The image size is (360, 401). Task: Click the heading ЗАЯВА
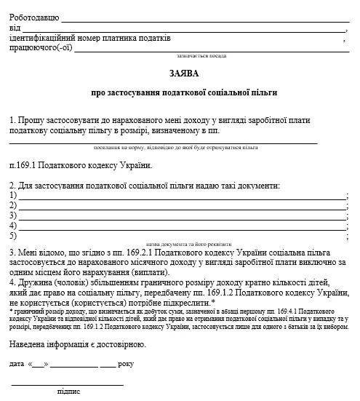pos(180,74)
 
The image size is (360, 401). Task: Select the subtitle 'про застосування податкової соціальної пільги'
pos(184,93)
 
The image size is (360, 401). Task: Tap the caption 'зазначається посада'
pos(201,55)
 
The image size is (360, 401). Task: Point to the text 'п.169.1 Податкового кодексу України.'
pos(80,166)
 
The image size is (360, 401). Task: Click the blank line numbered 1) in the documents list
pos(182,196)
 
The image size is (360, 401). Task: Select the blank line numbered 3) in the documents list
pos(182,217)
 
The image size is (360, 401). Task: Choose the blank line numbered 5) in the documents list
pos(182,237)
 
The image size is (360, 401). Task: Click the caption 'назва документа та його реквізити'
pos(188,244)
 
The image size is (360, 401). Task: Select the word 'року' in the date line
pos(126,362)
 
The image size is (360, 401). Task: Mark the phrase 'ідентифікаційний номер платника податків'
pos(91,39)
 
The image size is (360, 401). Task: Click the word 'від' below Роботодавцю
pos(15,28)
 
